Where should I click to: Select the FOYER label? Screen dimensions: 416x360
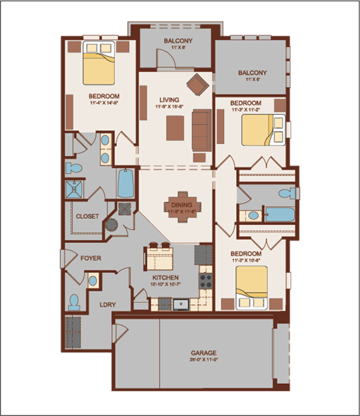[91, 259]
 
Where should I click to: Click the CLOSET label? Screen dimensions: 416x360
[87, 217]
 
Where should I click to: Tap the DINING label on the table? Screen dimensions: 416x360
[182, 204]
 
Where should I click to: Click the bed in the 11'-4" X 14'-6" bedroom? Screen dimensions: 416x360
[98, 65]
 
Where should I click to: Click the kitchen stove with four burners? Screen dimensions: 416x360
[205, 283]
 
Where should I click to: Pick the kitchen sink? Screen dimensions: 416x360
[180, 304]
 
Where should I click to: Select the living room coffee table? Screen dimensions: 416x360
[175, 127]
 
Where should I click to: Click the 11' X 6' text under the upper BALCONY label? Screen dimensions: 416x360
[177, 47]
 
